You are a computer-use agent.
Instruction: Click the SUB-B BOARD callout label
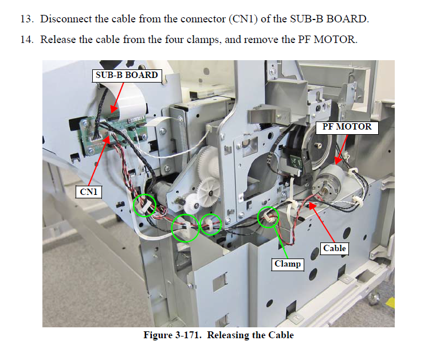126,75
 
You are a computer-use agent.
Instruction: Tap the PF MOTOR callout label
347,127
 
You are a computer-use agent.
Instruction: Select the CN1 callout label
89,192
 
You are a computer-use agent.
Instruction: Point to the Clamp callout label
287,264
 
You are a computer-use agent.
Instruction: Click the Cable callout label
334,248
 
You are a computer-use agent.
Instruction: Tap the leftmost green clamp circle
144,205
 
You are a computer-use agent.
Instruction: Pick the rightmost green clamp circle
268,217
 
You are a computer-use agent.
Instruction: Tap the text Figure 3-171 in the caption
171,335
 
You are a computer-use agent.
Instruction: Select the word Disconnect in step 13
66,19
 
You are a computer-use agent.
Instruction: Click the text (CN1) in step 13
242,19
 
